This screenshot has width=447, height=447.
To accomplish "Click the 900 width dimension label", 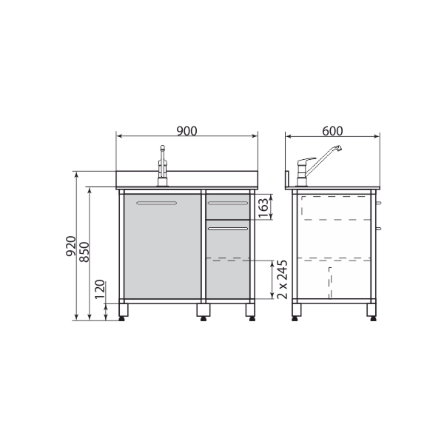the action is coord(186,131).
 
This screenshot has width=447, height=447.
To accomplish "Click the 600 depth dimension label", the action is coord(332,131).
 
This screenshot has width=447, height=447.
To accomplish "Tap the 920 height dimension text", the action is coord(71,246).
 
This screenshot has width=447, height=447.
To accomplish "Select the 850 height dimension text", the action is coord(84,252).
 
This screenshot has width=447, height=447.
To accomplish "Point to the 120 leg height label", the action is coord(100,289).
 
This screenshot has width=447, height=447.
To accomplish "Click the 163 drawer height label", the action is coord(263,208).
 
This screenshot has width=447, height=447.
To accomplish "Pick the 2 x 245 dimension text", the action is coord(282,279).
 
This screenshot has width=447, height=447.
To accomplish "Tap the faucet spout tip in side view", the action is coord(338,148).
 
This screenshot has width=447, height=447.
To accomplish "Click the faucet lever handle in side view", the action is coord(306,160).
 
